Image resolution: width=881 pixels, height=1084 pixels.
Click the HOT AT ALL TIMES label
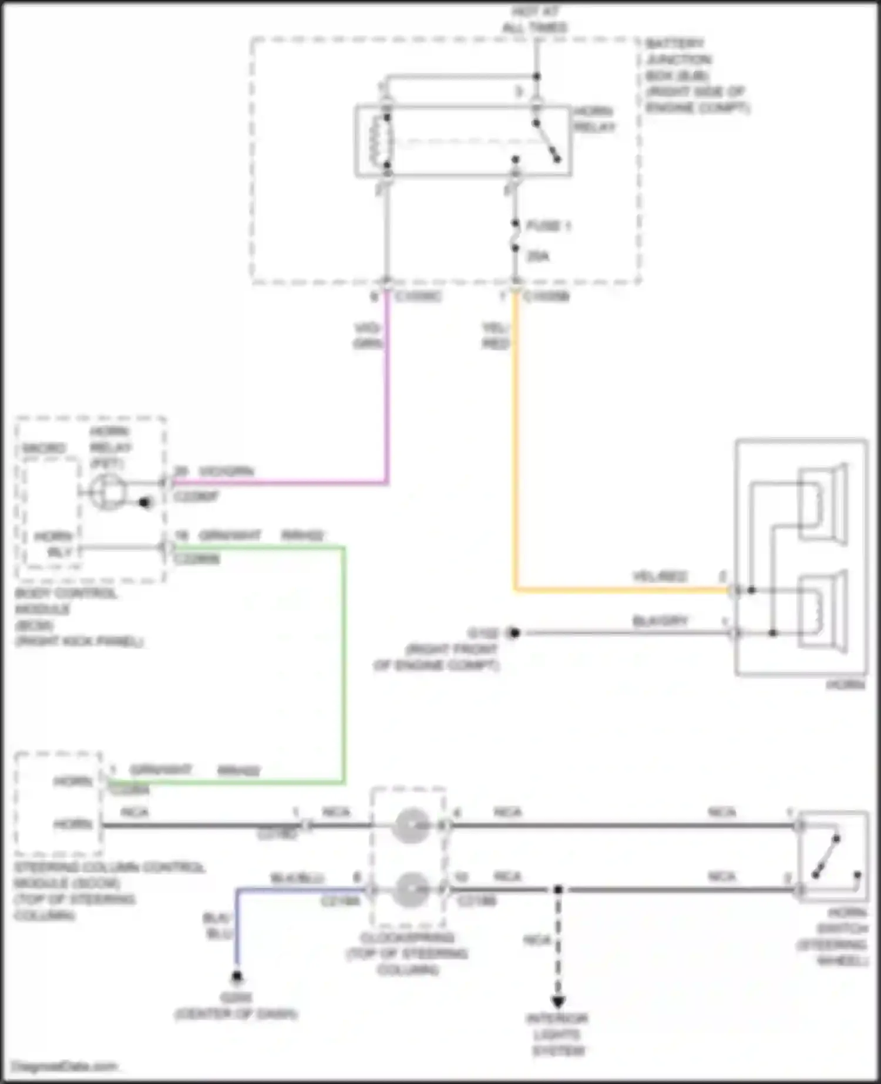(x=535, y=20)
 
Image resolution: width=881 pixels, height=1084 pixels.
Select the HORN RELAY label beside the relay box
(x=594, y=119)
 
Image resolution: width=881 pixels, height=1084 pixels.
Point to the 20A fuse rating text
(x=537, y=256)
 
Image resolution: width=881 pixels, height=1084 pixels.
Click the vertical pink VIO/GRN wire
(x=387, y=388)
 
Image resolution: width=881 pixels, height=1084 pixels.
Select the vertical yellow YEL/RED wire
(x=515, y=440)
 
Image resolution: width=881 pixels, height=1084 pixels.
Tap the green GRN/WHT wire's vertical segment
(x=344, y=664)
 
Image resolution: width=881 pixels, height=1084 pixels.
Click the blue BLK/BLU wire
(x=237, y=928)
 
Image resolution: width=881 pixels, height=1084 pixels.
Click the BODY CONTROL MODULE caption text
(x=66, y=617)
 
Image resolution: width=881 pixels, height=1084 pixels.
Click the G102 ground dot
(x=515, y=633)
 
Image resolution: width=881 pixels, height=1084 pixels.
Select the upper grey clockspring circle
(x=411, y=826)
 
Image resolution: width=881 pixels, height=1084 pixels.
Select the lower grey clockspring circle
(x=411, y=890)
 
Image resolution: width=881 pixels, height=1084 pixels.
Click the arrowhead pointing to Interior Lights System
(x=558, y=1001)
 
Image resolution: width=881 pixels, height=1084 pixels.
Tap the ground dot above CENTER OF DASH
(x=237, y=977)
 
